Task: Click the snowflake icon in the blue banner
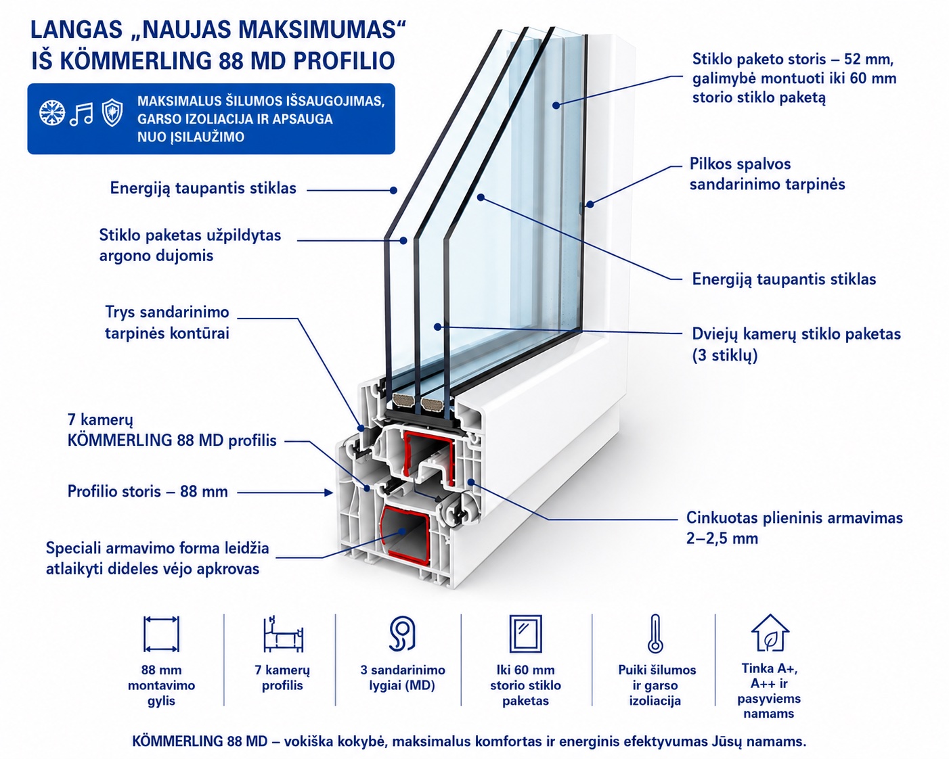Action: point(52,113)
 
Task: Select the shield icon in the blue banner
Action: point(112,113)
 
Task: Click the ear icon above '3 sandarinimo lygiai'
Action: point(402,634)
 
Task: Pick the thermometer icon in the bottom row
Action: point(655,634)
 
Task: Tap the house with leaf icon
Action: point(770,633)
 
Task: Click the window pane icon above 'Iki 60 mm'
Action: point(525,634)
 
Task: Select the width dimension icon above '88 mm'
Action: point(161,634)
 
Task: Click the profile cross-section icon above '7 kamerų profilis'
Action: point(283,634)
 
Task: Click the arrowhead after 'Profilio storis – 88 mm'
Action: point(328,492)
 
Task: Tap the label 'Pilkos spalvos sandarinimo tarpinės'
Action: point(767,174)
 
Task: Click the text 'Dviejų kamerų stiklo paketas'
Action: point(796,333)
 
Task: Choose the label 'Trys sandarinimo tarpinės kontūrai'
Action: point(167,322)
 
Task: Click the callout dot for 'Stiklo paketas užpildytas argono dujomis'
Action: point(403,241)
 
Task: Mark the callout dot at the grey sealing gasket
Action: point(590,204)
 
